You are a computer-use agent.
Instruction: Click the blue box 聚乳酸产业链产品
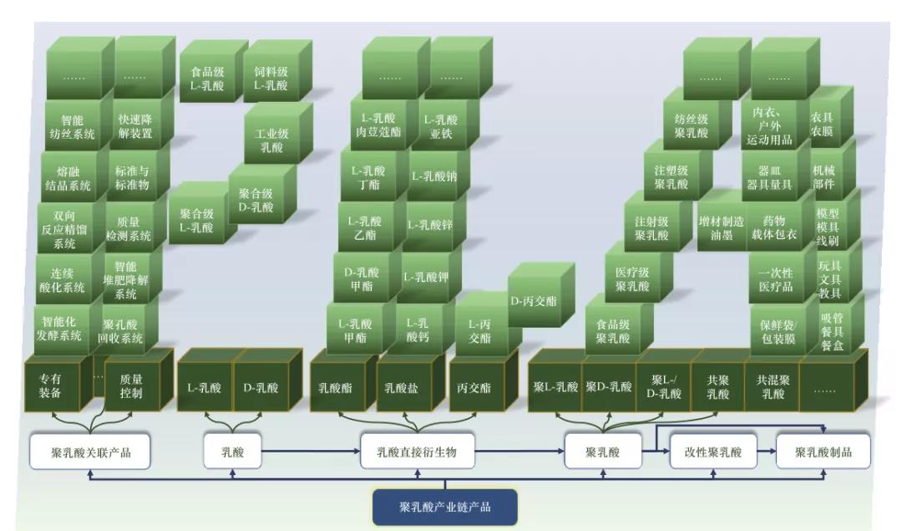tap(444, 508)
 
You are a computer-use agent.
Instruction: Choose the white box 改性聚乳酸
tap(712, 452)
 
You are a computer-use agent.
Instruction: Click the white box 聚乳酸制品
tap(823, 452)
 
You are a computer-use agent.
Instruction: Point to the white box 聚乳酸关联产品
tap(90, 452)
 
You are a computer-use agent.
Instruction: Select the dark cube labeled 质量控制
tap(131, 387)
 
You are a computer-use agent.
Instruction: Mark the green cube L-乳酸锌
tap(430, 224)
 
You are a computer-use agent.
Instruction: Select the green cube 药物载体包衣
tap(768, 227)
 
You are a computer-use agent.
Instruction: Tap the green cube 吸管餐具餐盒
tap(832, 331)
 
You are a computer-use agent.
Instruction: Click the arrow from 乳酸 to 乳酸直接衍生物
tap(308, 452)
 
